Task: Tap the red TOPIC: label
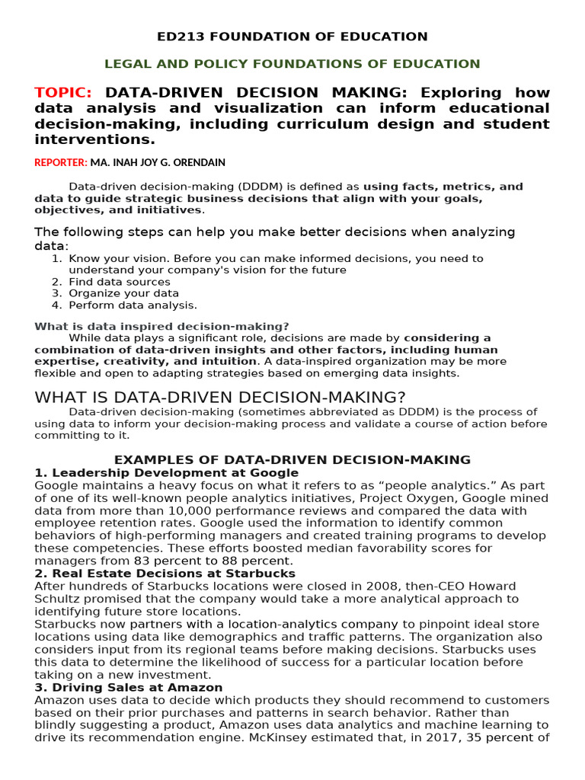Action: pos(62,93)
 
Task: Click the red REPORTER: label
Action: pos(61,162)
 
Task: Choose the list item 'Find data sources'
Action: pos(120,282)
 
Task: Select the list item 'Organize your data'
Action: pos(124,293)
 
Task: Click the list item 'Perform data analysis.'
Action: pos(133,305)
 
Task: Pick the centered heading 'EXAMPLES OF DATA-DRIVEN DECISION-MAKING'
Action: pos(292,459)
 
